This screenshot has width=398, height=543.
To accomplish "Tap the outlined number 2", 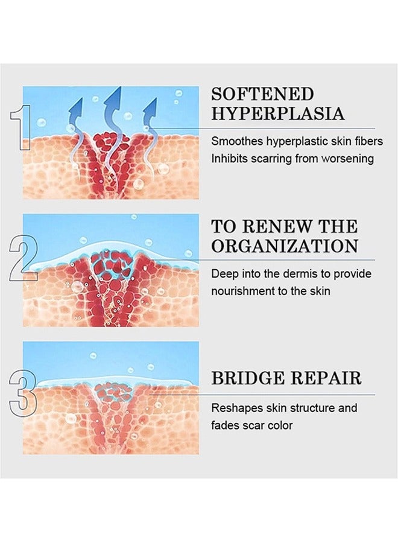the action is pyautogui.click(x=23, y=258).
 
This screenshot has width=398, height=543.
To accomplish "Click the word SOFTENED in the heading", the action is pyautogui.click(x=262, y=95).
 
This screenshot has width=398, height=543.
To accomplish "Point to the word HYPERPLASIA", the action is pyautogui.click(x=278, y=114).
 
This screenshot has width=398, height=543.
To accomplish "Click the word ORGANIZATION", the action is pyautogui.click(x=285, y=246).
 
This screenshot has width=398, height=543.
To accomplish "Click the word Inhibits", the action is pyautogui.click(x=229, y=159).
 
